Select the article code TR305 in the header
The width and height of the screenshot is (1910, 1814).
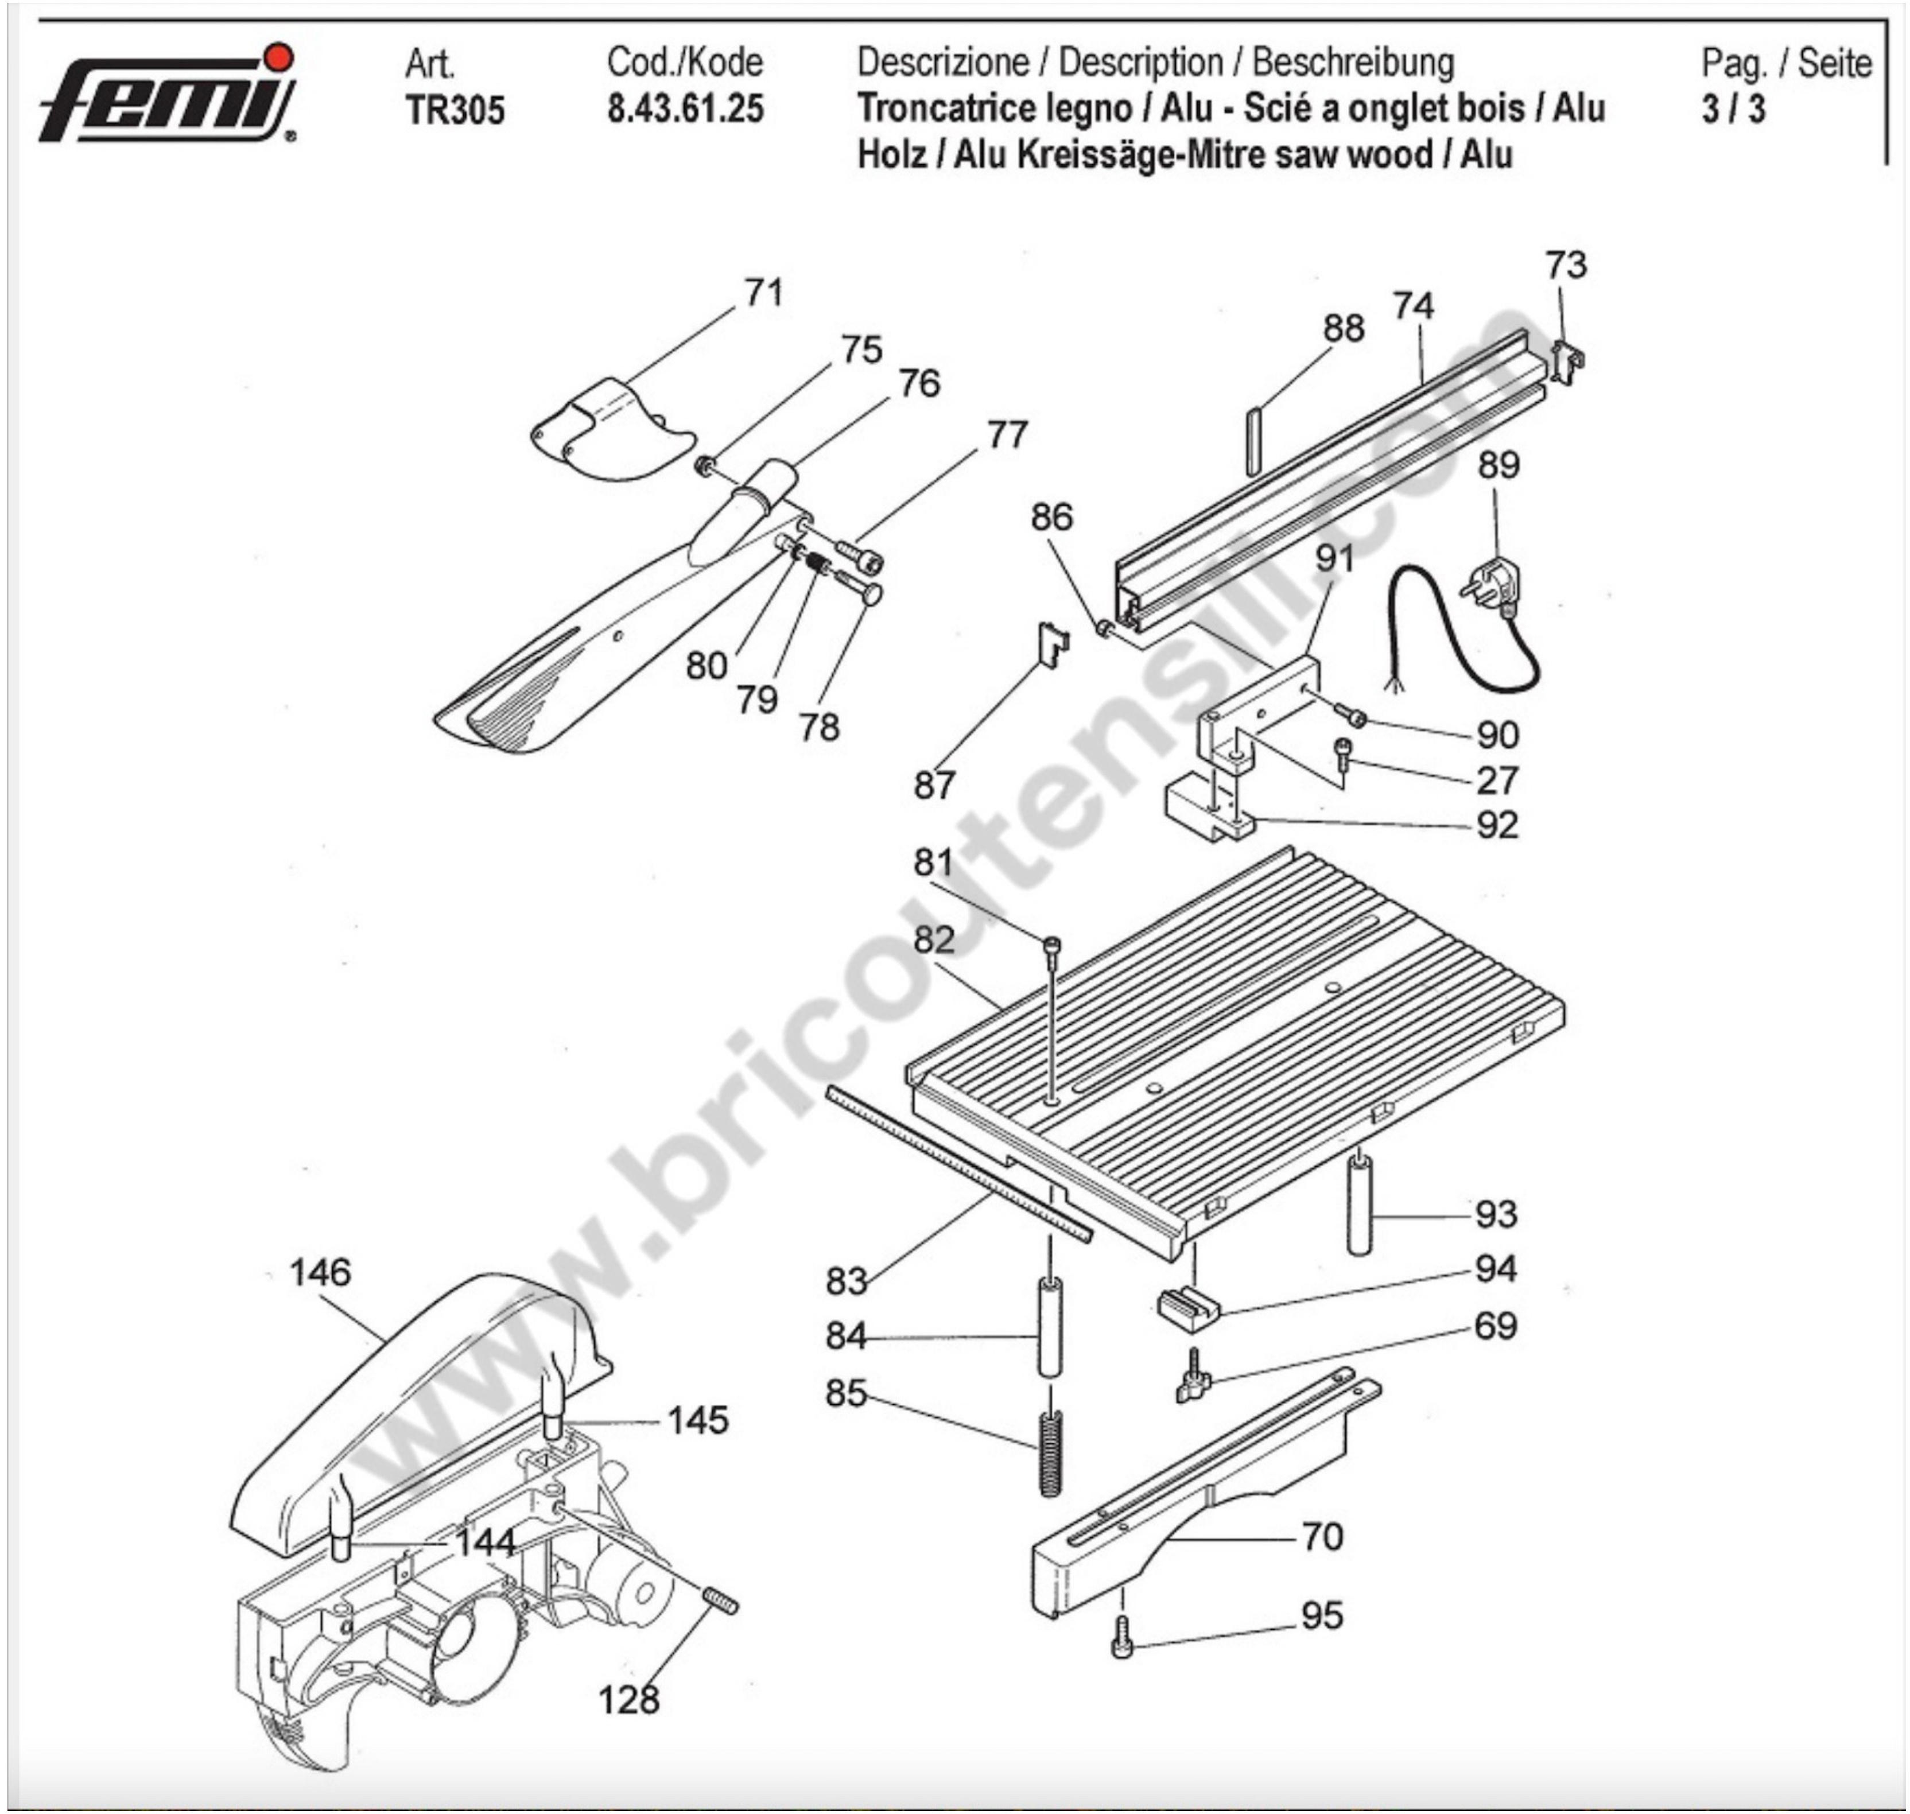tap(455, 110)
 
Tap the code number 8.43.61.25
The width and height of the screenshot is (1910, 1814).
tap(685, 108)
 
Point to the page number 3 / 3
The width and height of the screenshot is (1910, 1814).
tap(1733, 108)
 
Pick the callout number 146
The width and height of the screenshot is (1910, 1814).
tap(320, 1272)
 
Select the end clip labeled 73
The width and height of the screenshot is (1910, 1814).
tap(1567, 360)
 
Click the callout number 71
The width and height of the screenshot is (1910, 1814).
tap(763, 292)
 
